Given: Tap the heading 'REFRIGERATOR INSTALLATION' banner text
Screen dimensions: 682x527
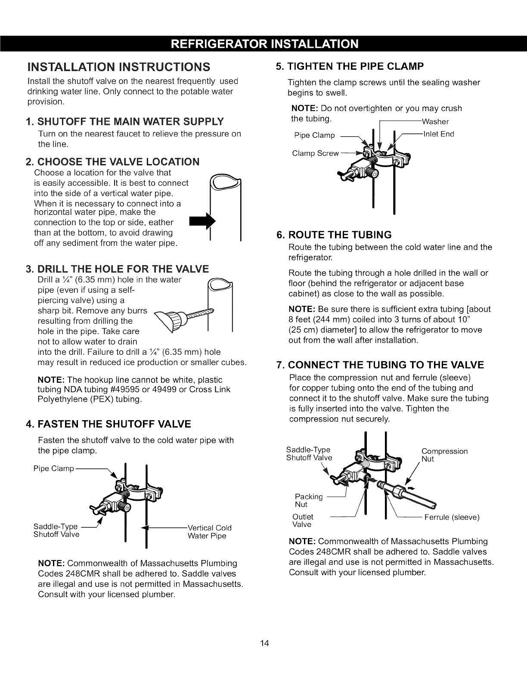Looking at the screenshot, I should [x=263, y=44].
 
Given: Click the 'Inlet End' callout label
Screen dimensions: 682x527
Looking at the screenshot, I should [x=439, y=134].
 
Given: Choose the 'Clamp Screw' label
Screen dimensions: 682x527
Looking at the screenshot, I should [x=315, y=153].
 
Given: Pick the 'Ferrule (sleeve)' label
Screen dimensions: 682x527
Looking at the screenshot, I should [x=452, y=517].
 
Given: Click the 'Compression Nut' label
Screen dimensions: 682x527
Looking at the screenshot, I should [x=444, y=455].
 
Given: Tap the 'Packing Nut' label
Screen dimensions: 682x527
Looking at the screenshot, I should [x=308, y=500].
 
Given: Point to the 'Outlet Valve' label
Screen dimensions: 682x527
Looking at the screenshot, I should [x=303, y=521].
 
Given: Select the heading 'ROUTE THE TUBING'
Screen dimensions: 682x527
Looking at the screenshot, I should [x=334, y=235].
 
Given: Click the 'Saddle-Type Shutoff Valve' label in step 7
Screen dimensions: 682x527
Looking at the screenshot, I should [x=309, y=454].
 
